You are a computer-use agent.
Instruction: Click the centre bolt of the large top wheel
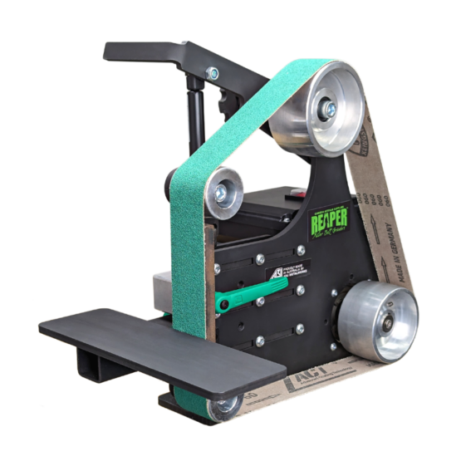(330, 108)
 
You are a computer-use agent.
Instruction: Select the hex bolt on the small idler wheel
(223, 193)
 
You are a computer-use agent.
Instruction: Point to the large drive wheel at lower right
(380, 321)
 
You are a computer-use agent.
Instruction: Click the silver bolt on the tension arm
(213, 74)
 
